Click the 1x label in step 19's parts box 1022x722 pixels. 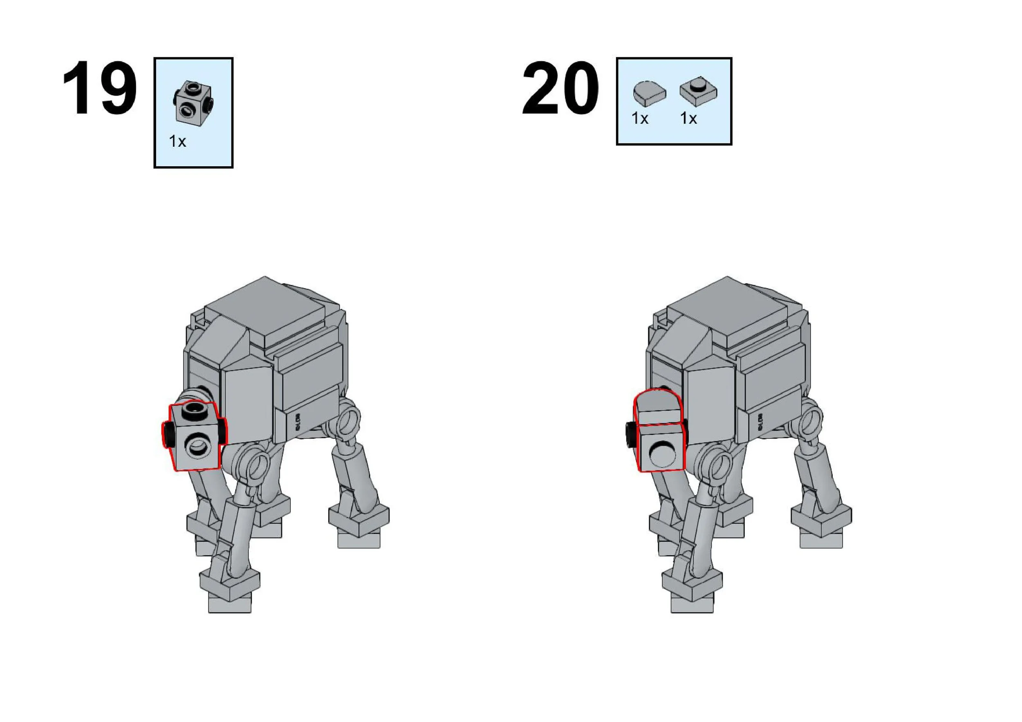[177, 141]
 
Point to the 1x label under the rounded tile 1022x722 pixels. [640, 118]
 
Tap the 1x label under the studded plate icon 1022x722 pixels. [688, 118]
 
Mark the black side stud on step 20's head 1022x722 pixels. [630, 435]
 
